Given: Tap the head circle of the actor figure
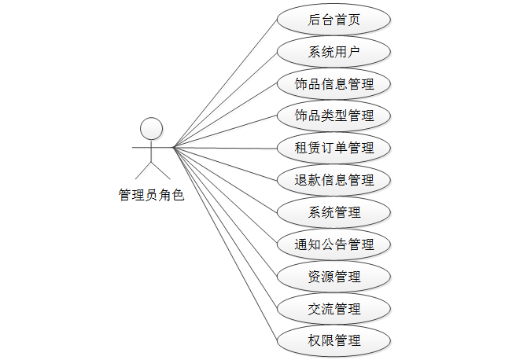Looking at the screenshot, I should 151,128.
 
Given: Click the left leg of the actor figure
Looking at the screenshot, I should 143,170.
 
